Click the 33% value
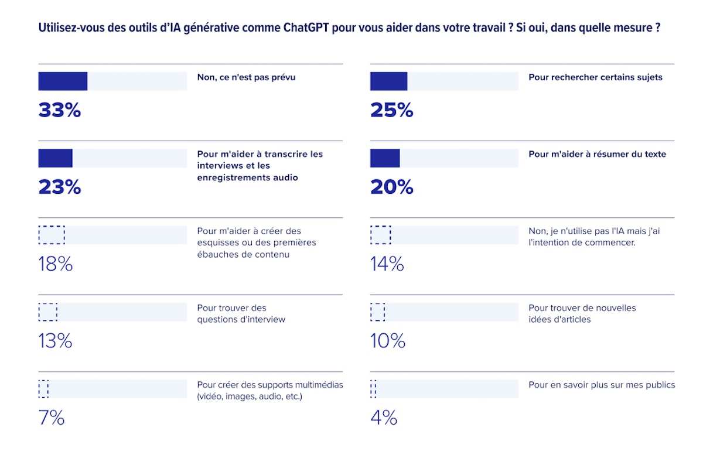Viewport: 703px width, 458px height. [x=59, y=110]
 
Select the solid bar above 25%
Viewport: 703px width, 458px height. [x=388, y=81]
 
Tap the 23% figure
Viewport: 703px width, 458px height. [x=59, y=187]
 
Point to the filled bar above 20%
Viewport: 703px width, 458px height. [x=385, y=158]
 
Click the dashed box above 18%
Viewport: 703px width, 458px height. [x=52, y=235]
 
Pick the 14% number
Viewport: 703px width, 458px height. [x=387, y=264]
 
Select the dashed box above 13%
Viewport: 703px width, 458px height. [x=48, y=312]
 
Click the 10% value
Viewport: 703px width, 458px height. [x=388, y=341]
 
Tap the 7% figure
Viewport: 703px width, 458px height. [x=52, y=418]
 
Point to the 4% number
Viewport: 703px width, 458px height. [x=384, y=418]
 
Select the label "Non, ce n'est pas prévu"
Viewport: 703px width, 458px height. [x=246, y=77]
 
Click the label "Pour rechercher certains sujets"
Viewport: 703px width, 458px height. [x=595, y=77]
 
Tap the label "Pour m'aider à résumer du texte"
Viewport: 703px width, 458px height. [x=597, y=154]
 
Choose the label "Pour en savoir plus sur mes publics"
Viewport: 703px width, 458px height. [x=602, y=385]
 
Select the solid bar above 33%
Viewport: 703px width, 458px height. [x=63, y=81]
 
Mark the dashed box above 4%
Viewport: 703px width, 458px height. [x=373, y=388]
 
